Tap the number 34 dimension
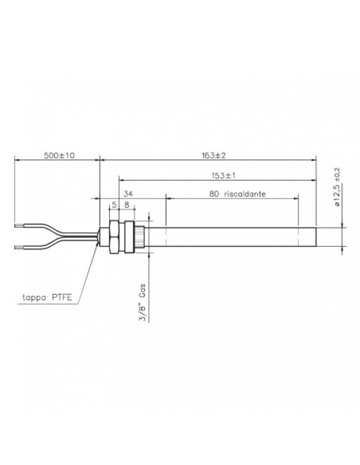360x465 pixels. pyautogui.click(x=127, y=193)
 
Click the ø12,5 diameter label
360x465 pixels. pyautogui.click(x=338, y=200)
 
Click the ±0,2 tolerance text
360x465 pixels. pyautogui.click(x=338, y=175)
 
